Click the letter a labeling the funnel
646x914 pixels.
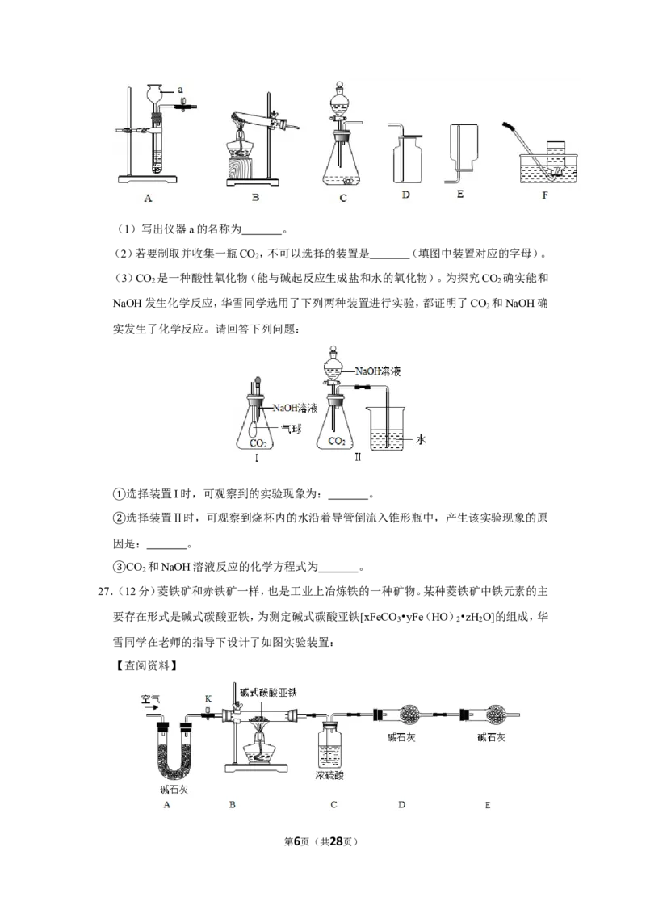tap(180, 90)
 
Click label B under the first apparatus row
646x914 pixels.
tap(255, 198)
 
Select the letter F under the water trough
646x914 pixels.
tap(544, 195)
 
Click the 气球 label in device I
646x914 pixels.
tap(292, 429)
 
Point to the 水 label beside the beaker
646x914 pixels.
tap(421, 439)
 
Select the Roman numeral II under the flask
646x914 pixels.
tap(358, 458)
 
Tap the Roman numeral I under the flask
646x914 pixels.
tap(257, 458)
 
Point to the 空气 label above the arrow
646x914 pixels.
tap(150, 698)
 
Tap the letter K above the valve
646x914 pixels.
tap(208, 698)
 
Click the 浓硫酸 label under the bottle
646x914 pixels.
tap(329, 776)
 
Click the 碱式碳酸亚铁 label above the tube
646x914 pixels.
tap(270, 693)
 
